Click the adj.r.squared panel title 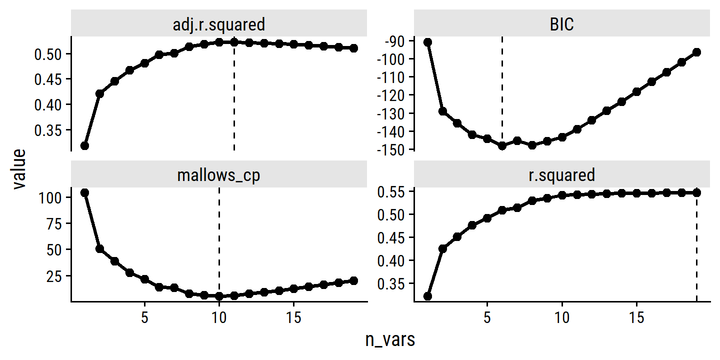[x=219, y=24]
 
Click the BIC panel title [x=561, y=24]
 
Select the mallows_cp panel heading [x=219, y=175]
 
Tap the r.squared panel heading [x=561, y=175]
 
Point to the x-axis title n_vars [x=390, y=340]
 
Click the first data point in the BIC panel [x=427, y=42]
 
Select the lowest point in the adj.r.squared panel [x=85, y=145]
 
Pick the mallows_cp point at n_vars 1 [x=85, y=193]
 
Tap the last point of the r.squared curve [x=696, y=192]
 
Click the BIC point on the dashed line [x=502, y=146]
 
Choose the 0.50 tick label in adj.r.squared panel [x=49, y=53]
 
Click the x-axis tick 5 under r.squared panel [x=487, y=318]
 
